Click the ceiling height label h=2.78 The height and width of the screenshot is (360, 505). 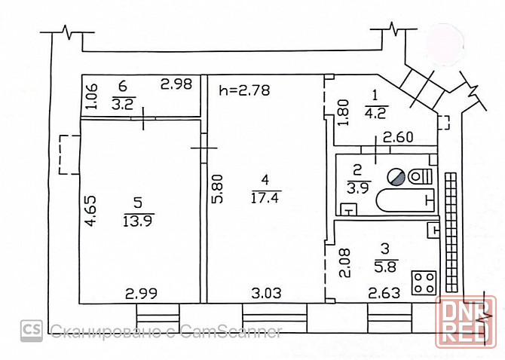[x=244, y=90]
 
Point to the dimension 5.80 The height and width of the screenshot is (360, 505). [x=217, y=188]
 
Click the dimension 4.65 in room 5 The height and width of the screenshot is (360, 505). [x=90, y=211]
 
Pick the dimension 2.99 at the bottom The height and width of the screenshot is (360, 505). [x=141, y=294]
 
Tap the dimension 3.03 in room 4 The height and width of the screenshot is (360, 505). [x=266, y=293]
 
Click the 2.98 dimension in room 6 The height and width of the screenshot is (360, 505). [x=176, y=84]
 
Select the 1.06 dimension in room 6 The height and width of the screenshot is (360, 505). [x=91, y=96]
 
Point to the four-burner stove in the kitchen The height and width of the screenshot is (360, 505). [x=424, y=283]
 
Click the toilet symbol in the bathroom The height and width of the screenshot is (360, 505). [x=420, y=177]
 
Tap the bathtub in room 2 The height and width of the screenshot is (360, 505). [x=406, y=200]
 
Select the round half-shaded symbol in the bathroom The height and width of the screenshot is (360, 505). [x=396, y=177]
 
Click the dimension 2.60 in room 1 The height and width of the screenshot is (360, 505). [x=398, y=137]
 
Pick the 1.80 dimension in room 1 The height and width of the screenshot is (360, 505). [x=343, y=113]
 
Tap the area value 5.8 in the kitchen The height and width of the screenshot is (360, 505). [x=386, y=267]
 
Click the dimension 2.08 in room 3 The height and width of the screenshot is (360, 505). [x=344, y=263]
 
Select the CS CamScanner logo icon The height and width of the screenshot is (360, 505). [x=32, y=331]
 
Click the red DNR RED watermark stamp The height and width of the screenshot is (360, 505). [x=466, y=322]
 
